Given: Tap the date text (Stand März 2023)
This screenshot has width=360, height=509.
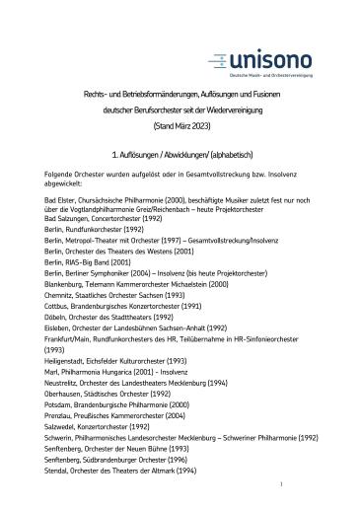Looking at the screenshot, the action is click(x=180, y=126).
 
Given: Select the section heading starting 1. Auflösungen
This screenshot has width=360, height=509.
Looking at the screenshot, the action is click(x=180, y=157).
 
